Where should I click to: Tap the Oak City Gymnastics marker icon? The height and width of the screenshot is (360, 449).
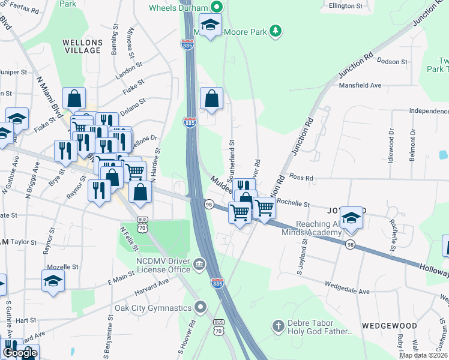click(202, 308)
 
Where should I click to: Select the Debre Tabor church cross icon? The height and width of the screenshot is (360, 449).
click(278, 325)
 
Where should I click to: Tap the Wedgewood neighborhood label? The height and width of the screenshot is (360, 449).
click(390, 325)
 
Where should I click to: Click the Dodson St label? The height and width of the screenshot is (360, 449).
click(393, 62)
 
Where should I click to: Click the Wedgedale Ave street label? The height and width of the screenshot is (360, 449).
click(348, 287)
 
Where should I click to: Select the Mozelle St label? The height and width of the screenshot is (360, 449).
click(64, 266)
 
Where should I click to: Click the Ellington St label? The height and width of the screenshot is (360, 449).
click(346, 5)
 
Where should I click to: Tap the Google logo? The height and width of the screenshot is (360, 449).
click(20, 353)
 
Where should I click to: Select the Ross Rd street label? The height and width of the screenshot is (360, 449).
click(301, 178)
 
